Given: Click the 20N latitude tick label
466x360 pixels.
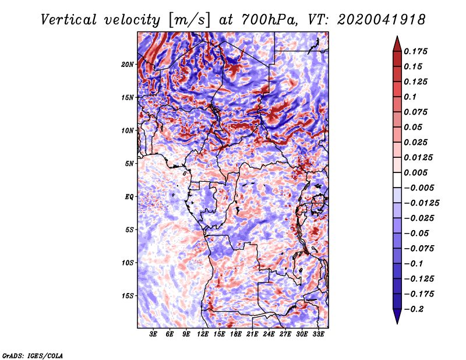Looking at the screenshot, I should click(128, 64).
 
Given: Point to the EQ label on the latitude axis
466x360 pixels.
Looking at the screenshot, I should click(129, 197).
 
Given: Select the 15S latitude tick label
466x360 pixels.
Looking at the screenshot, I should click(128, 296).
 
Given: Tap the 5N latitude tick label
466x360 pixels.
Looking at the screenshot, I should click(129, 164).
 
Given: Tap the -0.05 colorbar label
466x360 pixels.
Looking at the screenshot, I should click(416, 233).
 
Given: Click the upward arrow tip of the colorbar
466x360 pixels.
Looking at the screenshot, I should click(396, 38).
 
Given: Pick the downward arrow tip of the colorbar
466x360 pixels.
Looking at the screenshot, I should click(396, 322).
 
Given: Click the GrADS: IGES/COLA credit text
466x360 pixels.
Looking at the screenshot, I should click(32, 355).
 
